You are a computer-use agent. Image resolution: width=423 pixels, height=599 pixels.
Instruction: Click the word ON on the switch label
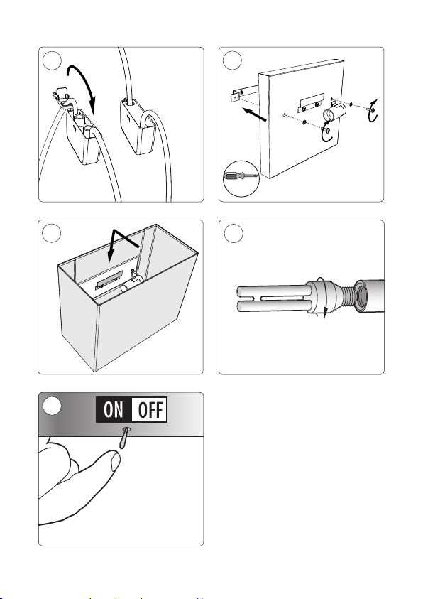click(114, 409)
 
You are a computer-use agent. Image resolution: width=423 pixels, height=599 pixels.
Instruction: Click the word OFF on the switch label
click(150, 409)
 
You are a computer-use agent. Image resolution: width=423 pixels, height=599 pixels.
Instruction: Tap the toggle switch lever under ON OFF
click(124, 438)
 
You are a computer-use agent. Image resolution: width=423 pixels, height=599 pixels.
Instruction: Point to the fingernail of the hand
click(115, 462)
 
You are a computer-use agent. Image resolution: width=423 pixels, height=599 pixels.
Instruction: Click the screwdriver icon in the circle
click(241, 176)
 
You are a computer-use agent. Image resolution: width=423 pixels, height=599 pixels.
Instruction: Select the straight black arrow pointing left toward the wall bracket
click(255, 114)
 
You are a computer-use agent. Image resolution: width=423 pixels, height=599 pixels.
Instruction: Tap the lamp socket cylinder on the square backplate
click(334, 113)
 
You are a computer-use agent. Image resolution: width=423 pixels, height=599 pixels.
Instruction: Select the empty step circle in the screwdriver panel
click(232, 60)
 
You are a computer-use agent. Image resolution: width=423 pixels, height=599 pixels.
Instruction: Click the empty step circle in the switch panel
click(52, 405)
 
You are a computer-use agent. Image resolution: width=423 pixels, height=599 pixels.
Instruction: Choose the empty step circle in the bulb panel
click(234, 233)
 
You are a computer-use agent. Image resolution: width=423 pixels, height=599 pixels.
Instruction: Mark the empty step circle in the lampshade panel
click(52, 233)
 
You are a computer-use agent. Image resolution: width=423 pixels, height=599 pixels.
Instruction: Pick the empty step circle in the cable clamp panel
click(52, 60)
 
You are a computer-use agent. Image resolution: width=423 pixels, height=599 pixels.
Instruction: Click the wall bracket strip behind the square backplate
click(244, 95)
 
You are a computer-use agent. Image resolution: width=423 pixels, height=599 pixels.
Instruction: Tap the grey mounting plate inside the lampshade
click(110, 281)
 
